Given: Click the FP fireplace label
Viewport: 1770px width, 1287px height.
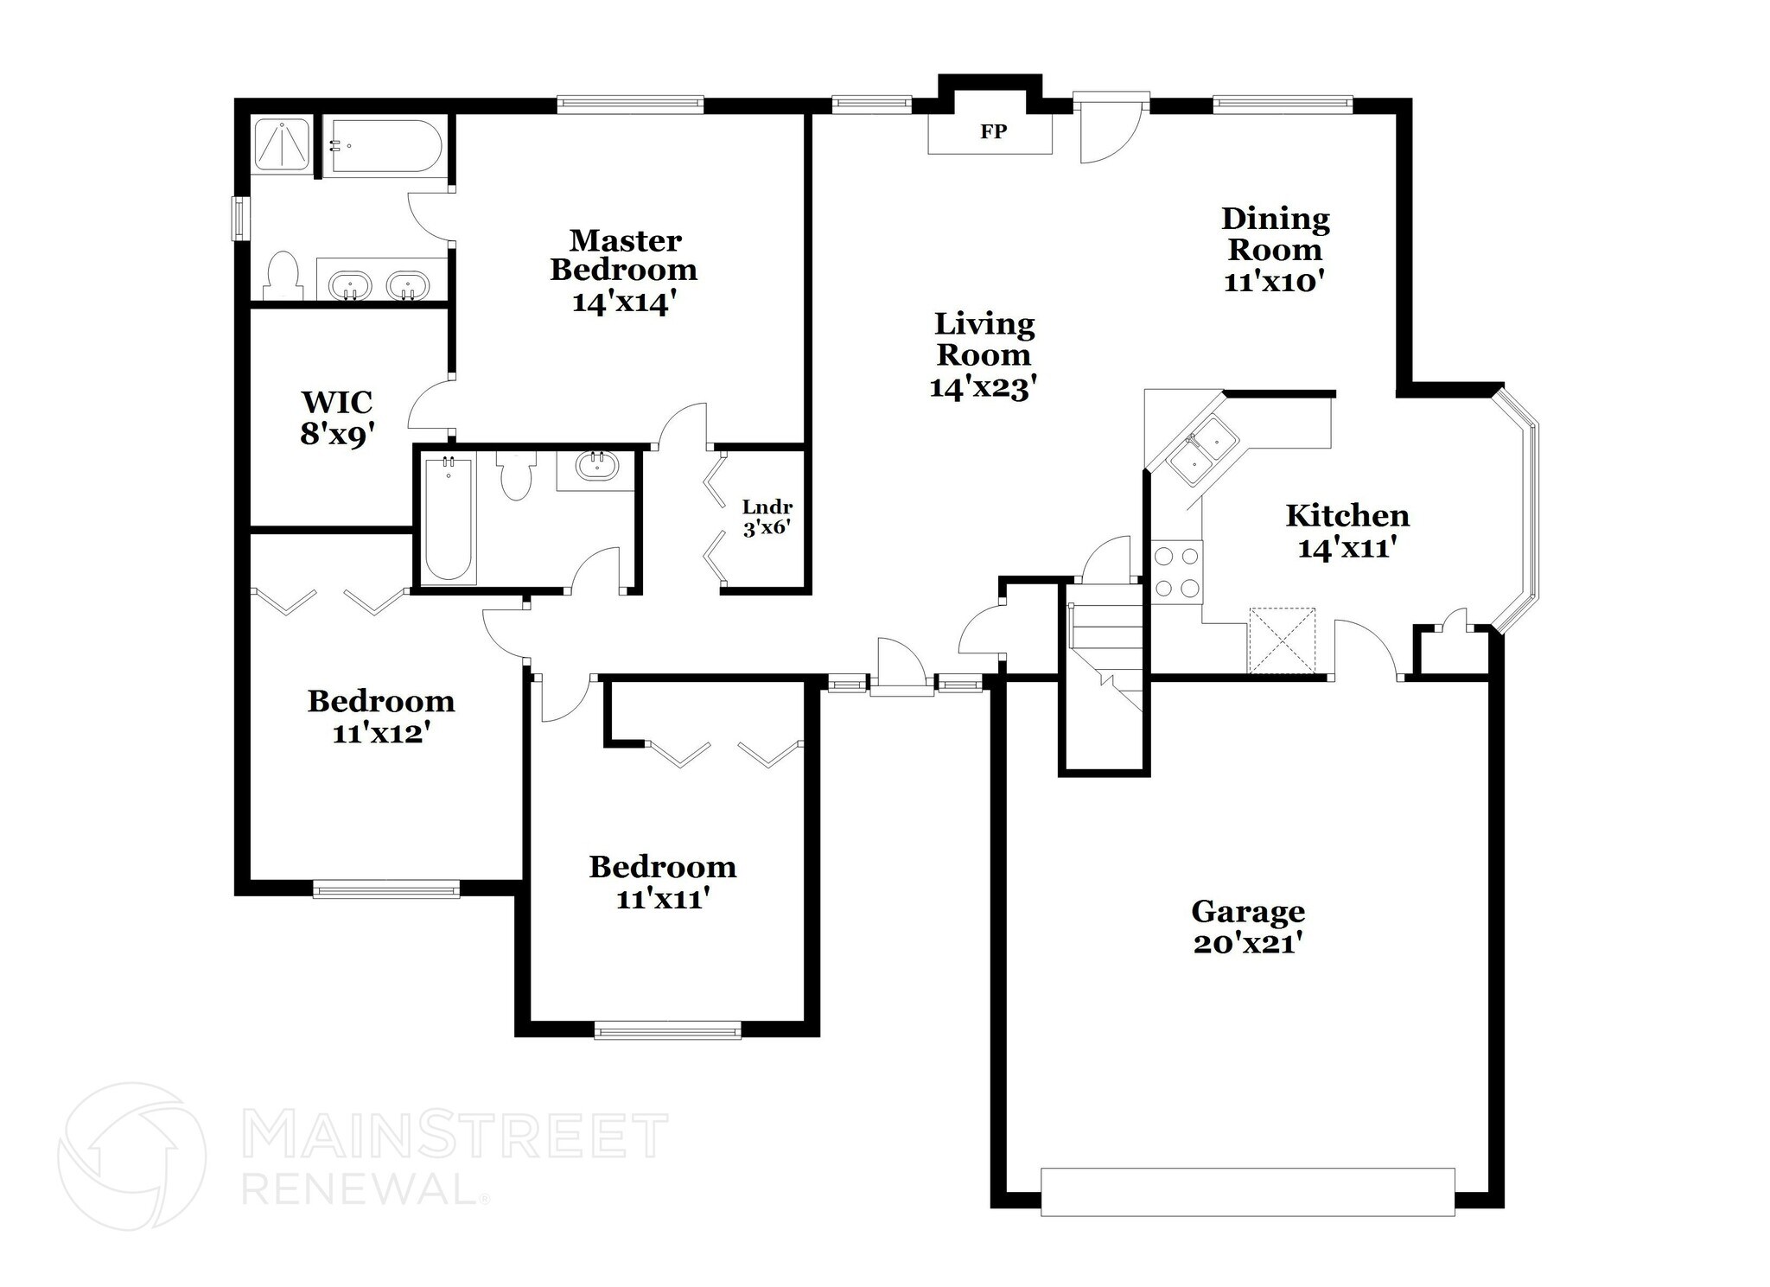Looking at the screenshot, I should tap(993, 132).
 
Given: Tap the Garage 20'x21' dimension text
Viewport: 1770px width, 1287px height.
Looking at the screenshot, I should tap(1247, 944).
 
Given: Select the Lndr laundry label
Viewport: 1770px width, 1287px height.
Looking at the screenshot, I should tap(767, 507).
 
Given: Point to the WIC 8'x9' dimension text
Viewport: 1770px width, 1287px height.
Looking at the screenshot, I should tap(337, 435).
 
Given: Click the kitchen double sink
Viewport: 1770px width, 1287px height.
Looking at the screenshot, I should tap(1202, 450).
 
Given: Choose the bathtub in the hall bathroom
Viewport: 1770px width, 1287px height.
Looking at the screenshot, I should tap(448, 519).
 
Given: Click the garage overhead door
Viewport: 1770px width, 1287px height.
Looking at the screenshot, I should tap(1247, 1192).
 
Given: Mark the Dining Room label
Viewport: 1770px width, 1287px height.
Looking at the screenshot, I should tap(1275, 234).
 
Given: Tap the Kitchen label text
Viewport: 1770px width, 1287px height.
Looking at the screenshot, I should tap(1347, 516).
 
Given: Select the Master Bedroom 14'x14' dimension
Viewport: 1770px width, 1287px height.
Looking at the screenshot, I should tap(622, 303).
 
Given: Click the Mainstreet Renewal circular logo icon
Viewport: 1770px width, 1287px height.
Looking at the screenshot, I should tap(131, 1156).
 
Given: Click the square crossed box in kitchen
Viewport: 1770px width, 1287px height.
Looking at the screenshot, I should tap(1282, 640).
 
